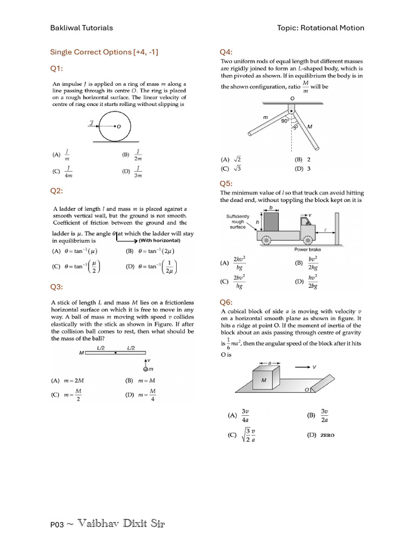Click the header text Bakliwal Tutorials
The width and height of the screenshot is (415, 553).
coord(82,28)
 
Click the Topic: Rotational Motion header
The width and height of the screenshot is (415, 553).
coord(320,28)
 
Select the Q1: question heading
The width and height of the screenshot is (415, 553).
coord(57,69)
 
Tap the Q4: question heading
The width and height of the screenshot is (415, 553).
coord(226,52)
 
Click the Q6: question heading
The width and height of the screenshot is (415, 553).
coord(226,302)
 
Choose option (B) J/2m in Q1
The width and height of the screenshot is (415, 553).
coord(133,155)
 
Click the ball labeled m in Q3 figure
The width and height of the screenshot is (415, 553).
coord(145,369)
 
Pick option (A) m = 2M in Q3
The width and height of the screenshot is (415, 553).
coord(68,380)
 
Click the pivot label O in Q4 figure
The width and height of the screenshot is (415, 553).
coord(292,99)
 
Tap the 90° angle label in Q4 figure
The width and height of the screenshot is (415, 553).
coord(284,121)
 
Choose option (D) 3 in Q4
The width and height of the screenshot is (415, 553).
coord(302,168)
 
